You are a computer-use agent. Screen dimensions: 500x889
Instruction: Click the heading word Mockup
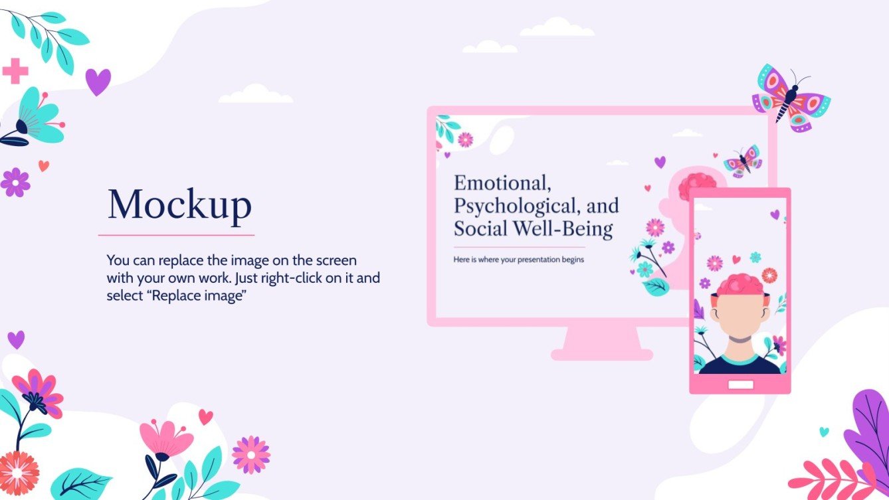pos(179,205)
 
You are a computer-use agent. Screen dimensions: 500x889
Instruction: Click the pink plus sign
pos(15,71)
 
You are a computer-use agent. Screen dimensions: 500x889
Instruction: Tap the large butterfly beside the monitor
pos(791,98)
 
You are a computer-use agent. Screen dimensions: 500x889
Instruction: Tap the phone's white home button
pos(740,384)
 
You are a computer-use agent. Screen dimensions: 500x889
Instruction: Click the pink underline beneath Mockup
pos(176,235)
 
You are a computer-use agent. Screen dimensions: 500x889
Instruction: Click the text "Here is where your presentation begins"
pos(518,260)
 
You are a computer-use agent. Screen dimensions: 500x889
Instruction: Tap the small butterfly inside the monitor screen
pos(743,161)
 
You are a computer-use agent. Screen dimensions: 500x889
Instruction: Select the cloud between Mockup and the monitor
pos(256,95)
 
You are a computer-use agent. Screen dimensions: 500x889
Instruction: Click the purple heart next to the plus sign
pos(98,82)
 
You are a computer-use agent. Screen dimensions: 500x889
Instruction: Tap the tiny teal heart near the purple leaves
pos(824,432)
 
